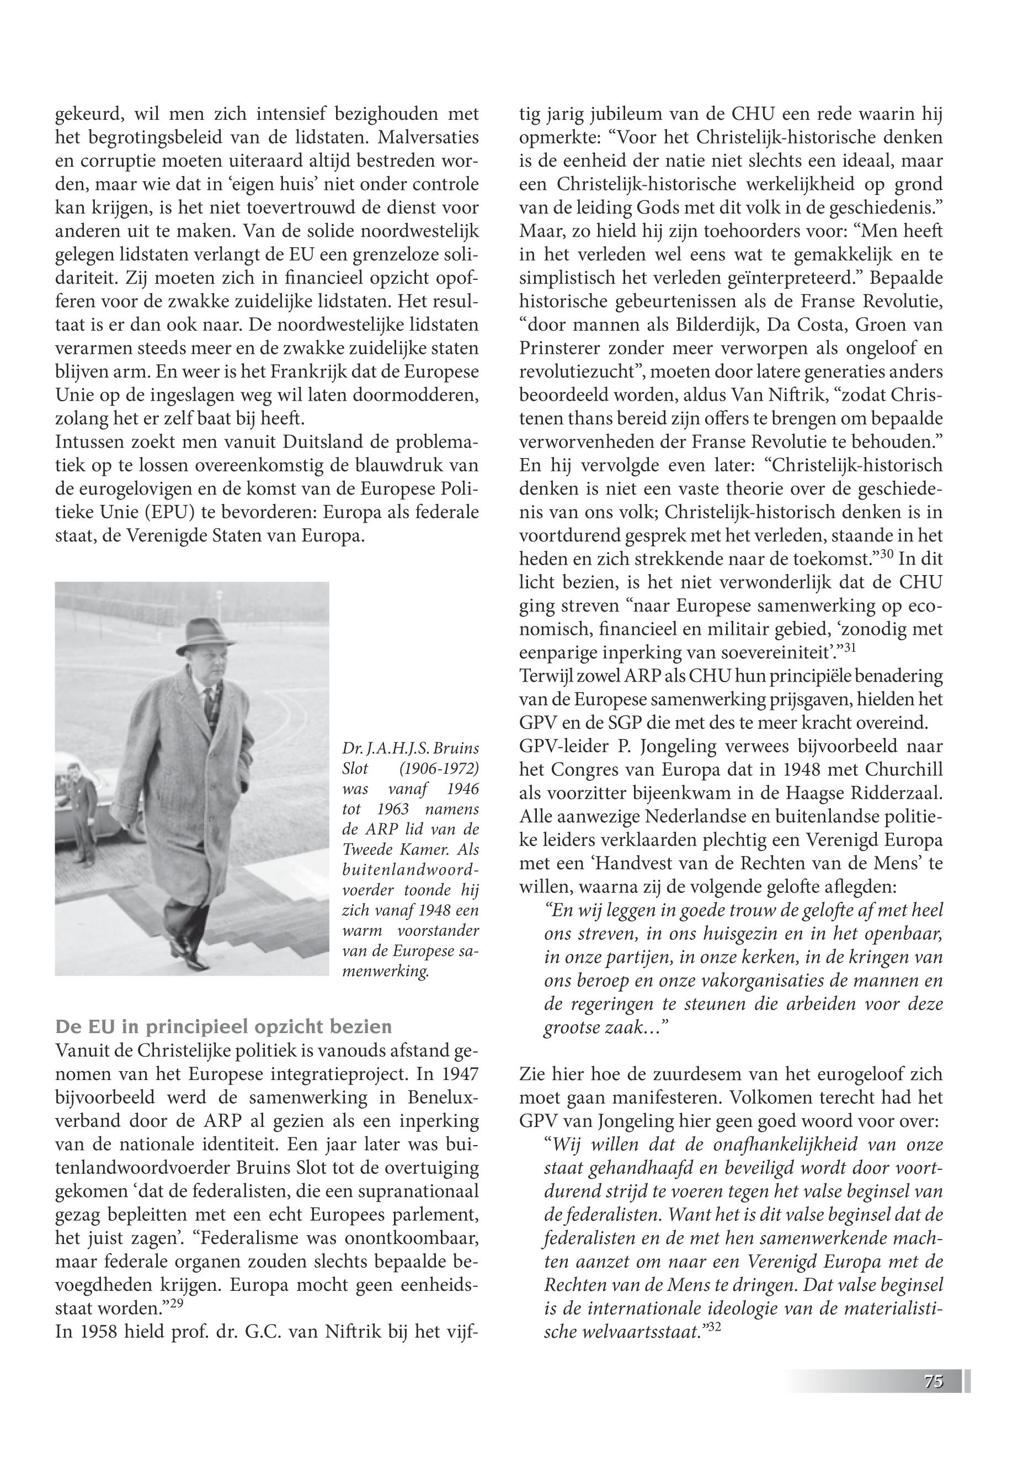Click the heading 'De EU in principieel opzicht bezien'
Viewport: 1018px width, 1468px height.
223,1026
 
